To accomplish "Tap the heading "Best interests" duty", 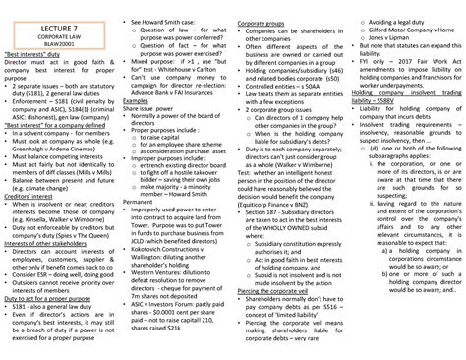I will click(36, 46).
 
